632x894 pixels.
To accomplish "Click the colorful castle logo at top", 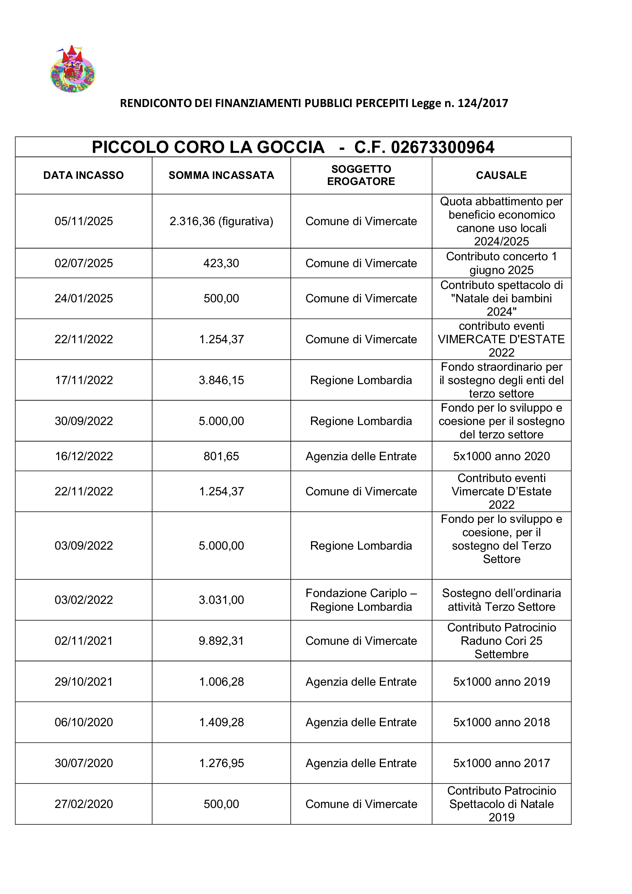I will tap(73, 69).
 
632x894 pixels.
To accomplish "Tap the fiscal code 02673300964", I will tap(442, 147).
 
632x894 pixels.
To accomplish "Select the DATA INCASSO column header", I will tap(83, 175).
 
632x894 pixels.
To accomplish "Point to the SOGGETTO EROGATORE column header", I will tap(361, 175).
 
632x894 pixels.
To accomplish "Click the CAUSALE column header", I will tap(501, 175).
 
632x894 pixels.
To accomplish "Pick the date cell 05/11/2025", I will tap(84, 221).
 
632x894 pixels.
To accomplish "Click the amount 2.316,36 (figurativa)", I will tap(221, 221).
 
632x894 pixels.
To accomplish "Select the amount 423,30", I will tap(221, 263).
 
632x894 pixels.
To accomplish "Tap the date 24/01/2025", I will tap(84, 298).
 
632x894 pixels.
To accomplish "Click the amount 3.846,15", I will tap(221, 380).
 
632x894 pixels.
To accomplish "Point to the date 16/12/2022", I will tap(84, 456).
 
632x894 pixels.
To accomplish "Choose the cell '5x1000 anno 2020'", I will tap(501, 456).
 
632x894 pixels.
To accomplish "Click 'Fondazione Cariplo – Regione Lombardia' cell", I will tap(361, 600).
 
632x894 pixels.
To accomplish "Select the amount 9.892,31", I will tap(221, 641).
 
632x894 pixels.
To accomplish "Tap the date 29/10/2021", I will tap(84, 681).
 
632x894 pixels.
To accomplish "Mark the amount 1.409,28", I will tap(221, 722).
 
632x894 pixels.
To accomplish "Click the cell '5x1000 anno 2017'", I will tap(501, 763).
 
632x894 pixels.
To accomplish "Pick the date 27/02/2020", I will tap(84, 804).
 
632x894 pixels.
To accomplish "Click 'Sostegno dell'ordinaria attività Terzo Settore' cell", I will tap(501, 600).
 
